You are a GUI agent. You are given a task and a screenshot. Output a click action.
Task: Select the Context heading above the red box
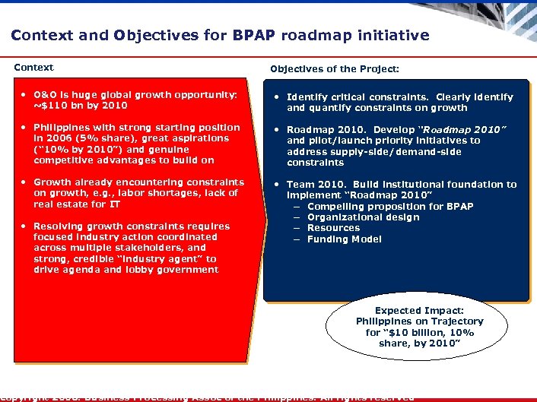click(x=33, y=68)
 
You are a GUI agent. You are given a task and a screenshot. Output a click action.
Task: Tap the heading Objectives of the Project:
click(x=335, y=69)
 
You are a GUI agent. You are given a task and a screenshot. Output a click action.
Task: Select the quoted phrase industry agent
click(x=160, y=258)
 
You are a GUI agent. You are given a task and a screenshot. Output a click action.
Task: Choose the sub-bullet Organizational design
click(x=363, y=217)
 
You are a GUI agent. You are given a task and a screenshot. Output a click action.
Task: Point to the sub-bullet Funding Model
click(x=344, y=239)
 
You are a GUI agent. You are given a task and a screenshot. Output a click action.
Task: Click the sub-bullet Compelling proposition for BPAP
click(x=390, y=207)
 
